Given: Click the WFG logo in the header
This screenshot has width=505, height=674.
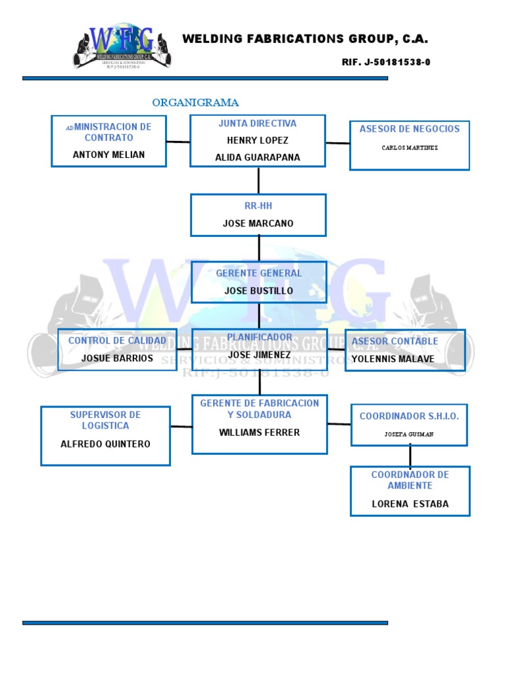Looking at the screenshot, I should (122, 47).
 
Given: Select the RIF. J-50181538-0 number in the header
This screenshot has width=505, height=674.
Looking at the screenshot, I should (386, 63).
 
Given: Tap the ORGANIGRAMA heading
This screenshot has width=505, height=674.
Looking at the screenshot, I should (195, 103).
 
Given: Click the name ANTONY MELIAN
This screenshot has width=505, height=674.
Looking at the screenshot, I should (108, 155).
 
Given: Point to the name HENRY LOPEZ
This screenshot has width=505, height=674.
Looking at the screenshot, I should (257, 140).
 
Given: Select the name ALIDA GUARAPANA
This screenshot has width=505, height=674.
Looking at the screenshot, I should (257, 157).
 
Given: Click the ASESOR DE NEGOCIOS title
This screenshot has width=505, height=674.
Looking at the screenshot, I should (409, 129).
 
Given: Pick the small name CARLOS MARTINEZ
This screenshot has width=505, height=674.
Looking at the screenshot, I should (409, 148).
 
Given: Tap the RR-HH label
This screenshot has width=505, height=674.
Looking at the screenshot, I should (258, 206).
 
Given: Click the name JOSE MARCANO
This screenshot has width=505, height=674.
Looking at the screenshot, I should (258, 223).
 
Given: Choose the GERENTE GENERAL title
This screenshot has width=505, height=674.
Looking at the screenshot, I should (258, 273).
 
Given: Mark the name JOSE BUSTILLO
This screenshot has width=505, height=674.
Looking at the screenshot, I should (258, 290).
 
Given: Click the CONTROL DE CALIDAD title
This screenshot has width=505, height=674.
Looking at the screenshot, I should (117, 341).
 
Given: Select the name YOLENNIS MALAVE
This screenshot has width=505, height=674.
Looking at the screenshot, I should (393, 359).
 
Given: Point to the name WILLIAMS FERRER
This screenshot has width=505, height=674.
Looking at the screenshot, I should (259, 432).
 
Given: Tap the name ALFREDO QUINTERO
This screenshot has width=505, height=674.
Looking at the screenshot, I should (105, 444).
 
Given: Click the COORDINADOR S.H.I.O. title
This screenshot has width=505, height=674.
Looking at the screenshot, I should (409, 416).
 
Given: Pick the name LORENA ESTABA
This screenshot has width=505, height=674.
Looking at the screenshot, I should (410, 504).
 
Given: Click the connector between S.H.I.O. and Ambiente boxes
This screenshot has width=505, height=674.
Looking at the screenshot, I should (410, 455).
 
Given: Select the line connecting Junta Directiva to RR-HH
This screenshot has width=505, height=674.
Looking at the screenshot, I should (258, 180).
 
